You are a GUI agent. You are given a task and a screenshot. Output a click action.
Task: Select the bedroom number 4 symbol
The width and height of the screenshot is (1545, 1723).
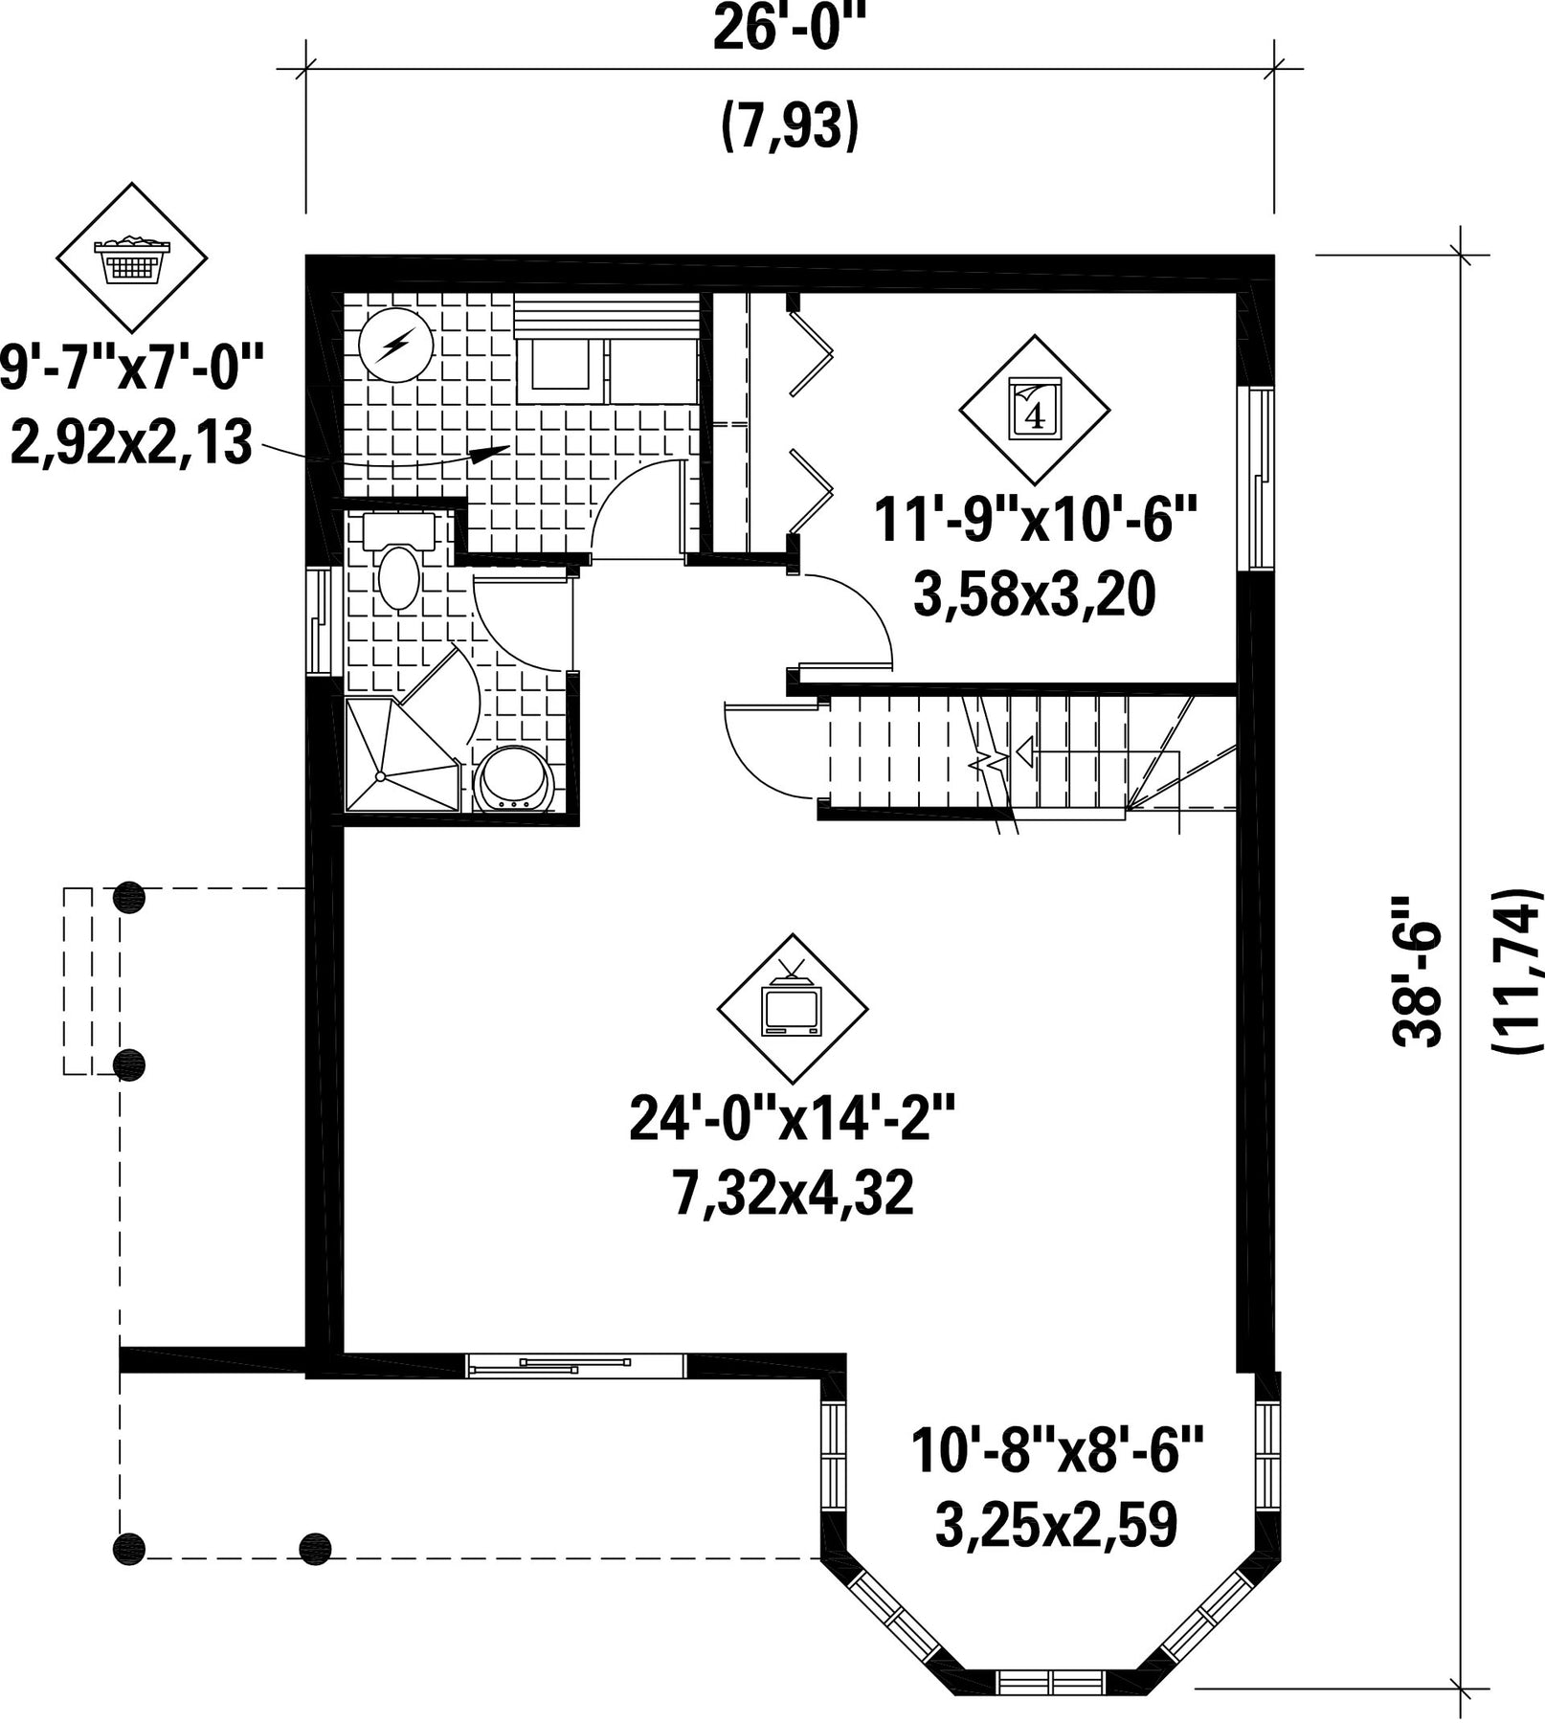[1034, 410]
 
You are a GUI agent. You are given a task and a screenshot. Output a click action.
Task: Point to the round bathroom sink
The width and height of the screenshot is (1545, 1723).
[515, 778]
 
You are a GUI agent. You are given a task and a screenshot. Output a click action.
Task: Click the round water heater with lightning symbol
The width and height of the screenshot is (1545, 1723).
[395, 345]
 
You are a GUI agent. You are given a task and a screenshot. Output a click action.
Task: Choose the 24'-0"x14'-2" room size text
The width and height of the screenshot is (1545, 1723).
[793, 1118]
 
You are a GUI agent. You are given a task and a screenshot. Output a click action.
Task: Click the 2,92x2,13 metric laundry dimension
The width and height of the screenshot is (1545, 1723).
[130, 443]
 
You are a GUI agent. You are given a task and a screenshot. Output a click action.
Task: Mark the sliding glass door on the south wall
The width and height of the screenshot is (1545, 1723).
[575, 1366]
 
